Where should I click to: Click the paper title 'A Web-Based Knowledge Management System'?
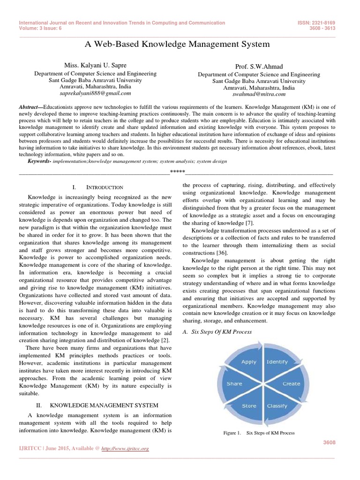point(177,45)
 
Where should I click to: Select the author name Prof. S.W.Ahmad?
point(259,67)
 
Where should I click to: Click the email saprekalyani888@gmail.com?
point(96,93)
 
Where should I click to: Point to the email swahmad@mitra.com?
point(259,95)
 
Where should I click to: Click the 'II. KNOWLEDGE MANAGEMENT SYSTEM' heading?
point(97,405)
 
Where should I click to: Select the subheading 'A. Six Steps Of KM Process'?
point(217,332)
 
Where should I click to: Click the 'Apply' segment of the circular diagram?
point(249,362)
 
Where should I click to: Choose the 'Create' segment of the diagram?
point(291,383)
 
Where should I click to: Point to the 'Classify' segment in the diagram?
point(277,406)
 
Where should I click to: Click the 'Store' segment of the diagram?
point(249,406)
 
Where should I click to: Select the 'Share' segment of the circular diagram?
point(234,383)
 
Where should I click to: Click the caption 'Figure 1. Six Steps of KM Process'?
point(259,433)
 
